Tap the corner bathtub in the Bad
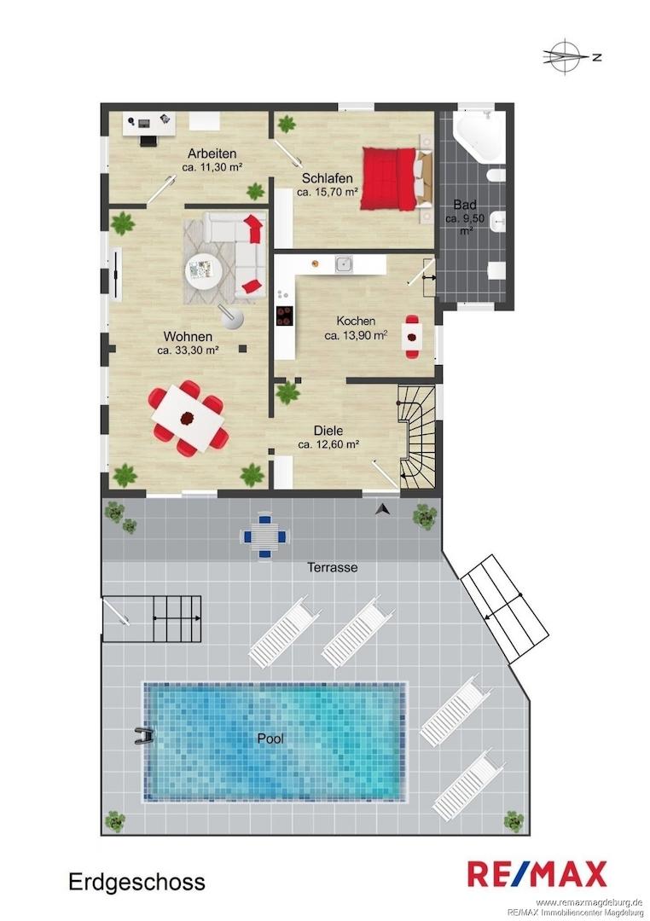pos(480,134)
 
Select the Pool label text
pos(270,739)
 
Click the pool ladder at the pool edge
pos(143,736)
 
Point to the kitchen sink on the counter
pos(345,264)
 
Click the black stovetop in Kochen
pos(285,316)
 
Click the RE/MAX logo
pos(537,873)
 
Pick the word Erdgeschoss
pos(137,882)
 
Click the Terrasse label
pos(332,567)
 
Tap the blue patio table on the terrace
pos(264,536)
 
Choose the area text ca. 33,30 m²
pos(188,350)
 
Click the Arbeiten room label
pos(212,153)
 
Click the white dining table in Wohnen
pos(188,418)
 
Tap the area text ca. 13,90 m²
pos(356,335)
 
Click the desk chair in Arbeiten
pos(148,141)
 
